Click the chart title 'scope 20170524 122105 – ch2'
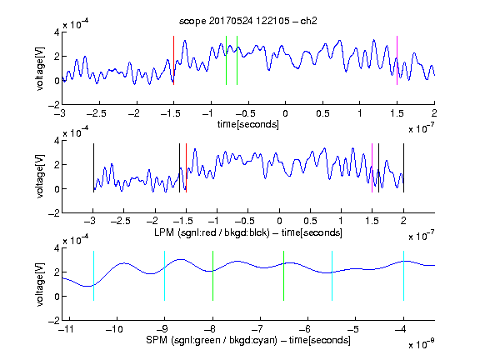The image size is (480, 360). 248,21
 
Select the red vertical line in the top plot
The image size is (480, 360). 174,60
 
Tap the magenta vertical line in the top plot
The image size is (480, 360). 397,60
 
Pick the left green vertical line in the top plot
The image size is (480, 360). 226,60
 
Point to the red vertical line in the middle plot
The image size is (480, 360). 186,167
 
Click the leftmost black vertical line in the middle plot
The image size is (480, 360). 93,167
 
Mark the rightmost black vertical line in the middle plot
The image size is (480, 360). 404,167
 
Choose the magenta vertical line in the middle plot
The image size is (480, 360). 372,167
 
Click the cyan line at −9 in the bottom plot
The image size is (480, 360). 165,276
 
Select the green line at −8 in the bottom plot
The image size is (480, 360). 212,276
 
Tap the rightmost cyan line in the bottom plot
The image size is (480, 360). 404,276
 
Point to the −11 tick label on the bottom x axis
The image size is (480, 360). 67,329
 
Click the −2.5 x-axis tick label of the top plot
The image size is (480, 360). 97,113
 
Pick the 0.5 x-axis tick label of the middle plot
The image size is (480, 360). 310,221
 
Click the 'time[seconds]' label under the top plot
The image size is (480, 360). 248,124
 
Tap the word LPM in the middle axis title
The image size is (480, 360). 164,232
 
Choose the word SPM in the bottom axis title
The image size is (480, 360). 157,340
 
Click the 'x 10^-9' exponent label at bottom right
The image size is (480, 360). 422,344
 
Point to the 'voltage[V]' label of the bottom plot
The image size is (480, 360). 40,284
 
